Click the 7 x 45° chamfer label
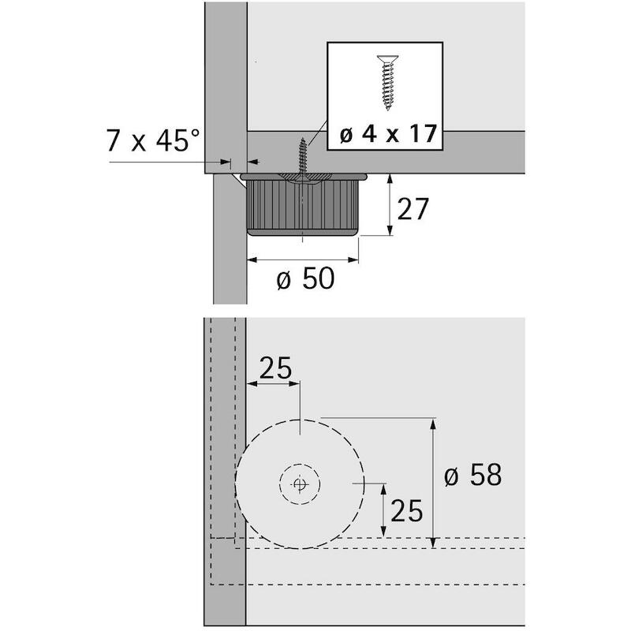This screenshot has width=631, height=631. (153, 140)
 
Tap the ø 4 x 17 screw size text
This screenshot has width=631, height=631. (388, 134)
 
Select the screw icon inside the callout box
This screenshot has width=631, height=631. (387, 83)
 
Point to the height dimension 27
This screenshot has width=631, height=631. (413, 209)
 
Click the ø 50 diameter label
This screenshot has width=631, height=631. (305, 278)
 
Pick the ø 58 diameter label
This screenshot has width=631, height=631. (473, 475)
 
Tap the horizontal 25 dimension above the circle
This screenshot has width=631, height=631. (275, 368)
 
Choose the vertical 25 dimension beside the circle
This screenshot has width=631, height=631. (407, 511)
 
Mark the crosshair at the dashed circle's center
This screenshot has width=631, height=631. (300, 484)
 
